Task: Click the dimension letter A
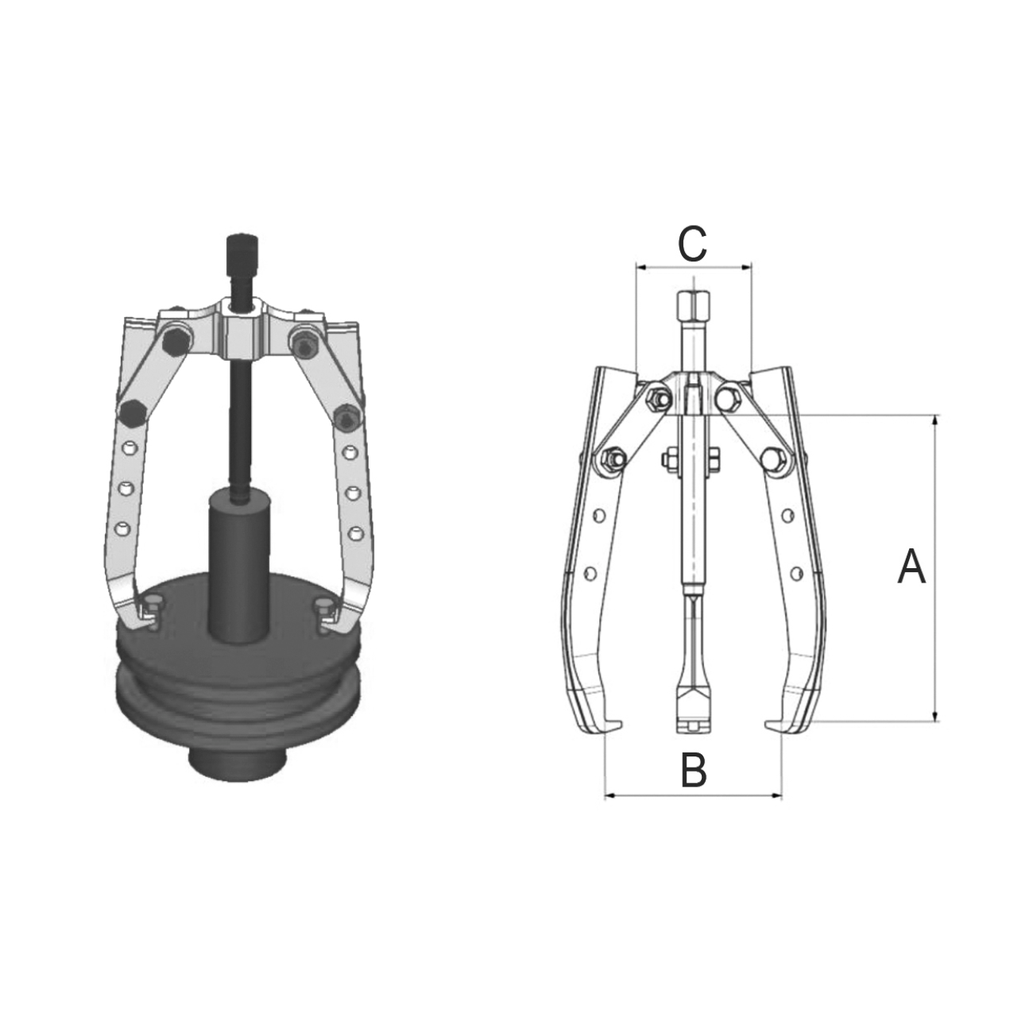point(911,566)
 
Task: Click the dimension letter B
point(694,769)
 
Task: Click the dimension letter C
point(692,245)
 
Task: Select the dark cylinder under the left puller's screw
point(239,564)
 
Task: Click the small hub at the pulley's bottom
point(238,762)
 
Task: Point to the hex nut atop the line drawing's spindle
point(694,304)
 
